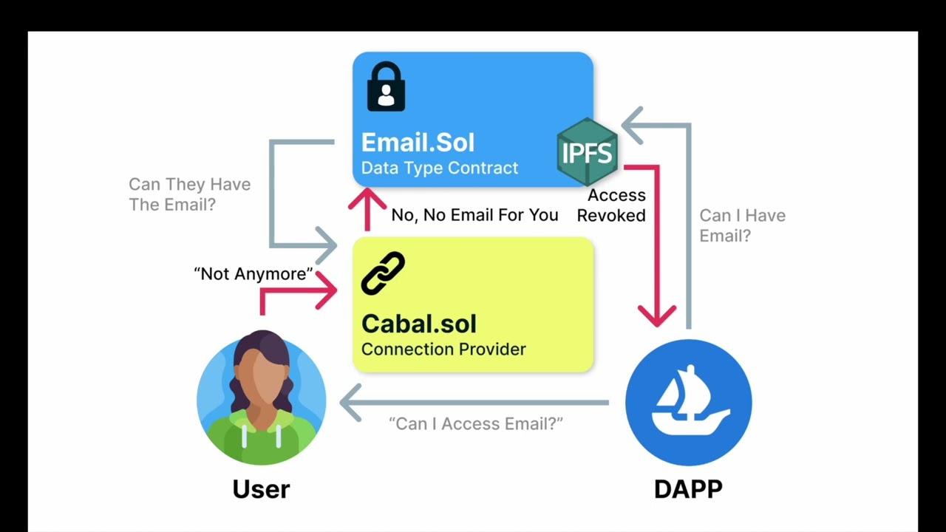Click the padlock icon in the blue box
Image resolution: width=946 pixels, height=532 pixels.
click(x=386, y=86)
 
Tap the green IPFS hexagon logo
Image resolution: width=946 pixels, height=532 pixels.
click(x=587, y=151)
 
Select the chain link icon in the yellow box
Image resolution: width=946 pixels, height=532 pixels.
click(x=383, y=273)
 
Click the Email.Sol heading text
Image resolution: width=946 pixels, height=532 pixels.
click(x=418, y=143)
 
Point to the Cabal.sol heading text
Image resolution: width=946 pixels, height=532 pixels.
click(x=418, y=324)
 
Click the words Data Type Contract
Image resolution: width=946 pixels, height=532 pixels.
click(x=439, y=168)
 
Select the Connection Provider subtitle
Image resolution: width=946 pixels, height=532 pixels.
click(x=443, y=349)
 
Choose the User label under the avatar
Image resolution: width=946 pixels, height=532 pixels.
click(x=261, y=489)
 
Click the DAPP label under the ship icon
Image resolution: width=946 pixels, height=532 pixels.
click(x=688, y=489)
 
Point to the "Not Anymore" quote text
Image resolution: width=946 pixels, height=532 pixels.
click(x=253, y=274)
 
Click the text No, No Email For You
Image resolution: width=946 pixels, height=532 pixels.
click(x=474, y=215)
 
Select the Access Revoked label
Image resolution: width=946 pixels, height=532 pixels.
click(x=612, y=205)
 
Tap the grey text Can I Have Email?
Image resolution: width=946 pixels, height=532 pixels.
click(x=741, y=225)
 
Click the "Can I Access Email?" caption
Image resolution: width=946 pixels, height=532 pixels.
click(x=476, y=424)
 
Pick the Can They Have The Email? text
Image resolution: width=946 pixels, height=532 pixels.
click(x=189, y=194)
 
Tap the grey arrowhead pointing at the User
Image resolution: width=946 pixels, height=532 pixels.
click(x=350, y=403)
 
